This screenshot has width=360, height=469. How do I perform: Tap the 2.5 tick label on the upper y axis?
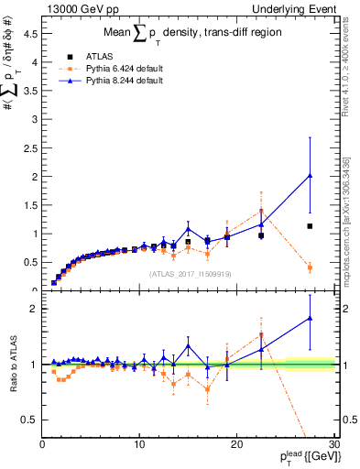[30, 147]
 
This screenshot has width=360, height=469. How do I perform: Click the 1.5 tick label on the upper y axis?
[30, 204]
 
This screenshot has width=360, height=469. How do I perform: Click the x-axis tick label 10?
[139, 444]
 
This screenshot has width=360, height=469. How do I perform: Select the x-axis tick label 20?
[236, 444]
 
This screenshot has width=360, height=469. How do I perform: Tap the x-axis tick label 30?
[333, 444]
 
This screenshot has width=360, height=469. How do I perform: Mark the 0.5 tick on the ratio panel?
[30, 420]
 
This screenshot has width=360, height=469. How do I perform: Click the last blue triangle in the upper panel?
[310, 175]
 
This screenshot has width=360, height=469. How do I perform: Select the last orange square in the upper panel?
[310, 267]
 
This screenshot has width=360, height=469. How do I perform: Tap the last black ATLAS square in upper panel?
[310, 226]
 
